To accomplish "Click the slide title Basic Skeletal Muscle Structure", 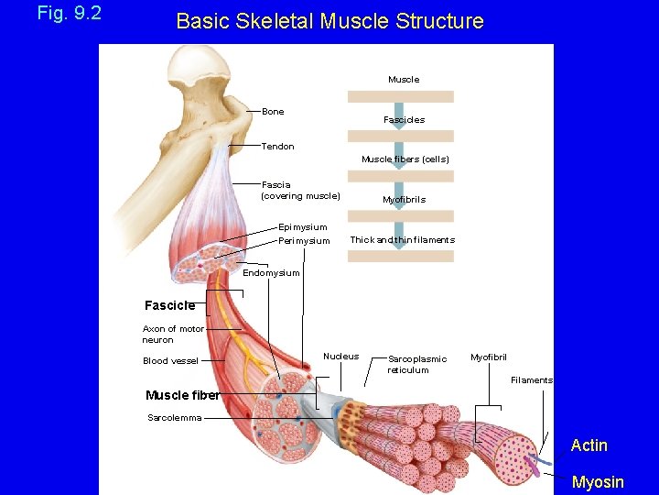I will click(329, 21).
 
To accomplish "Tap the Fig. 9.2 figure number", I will click(69, 14).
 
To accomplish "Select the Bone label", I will click(273, 112).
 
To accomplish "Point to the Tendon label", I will click(278, 147).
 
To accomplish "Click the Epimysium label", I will click(302, 227).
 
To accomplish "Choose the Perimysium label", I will click(304, 241).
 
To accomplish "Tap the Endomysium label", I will click(271, 273).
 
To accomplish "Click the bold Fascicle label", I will click(169, 305).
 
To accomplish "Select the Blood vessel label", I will click(169, 361).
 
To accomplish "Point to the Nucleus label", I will click(340, 357).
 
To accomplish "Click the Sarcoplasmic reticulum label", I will click(417, 365).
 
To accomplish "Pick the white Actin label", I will click(589, 445).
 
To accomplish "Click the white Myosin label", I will click(597, 482).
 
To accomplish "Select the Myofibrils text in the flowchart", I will click(404, 200).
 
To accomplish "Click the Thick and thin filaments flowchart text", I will click(402, 240).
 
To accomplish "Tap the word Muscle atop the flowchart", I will click(404, 80).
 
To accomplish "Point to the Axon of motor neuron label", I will click(172, 335).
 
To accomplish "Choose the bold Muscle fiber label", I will click(182, 396).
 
